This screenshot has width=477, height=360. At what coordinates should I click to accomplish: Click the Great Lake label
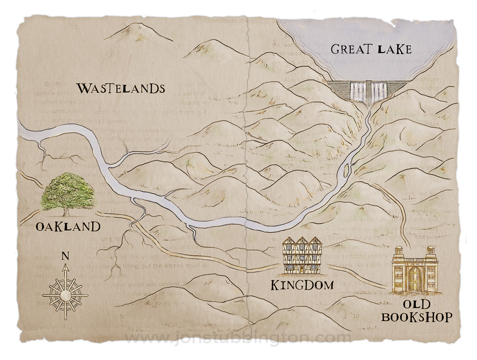coord(371,49)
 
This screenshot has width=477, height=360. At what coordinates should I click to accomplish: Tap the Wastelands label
coord(120,89)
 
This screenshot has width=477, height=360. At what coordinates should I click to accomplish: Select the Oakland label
coord(68,226)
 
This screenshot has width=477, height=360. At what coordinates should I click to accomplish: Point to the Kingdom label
coord(302,285)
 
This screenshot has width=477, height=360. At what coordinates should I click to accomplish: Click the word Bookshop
coord(416,317)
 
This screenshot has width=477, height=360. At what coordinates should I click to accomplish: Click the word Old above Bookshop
coord(416,304)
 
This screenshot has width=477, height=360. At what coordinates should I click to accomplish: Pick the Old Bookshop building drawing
coord(415,270)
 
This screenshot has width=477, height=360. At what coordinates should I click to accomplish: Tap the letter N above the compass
coord(65,256)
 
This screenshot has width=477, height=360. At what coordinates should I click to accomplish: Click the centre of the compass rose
coord(65,294)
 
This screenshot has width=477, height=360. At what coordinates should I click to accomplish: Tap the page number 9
coord(122,315)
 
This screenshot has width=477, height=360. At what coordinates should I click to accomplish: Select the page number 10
coord(355,315)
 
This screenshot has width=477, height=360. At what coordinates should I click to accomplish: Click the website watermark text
coord(238,338)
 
